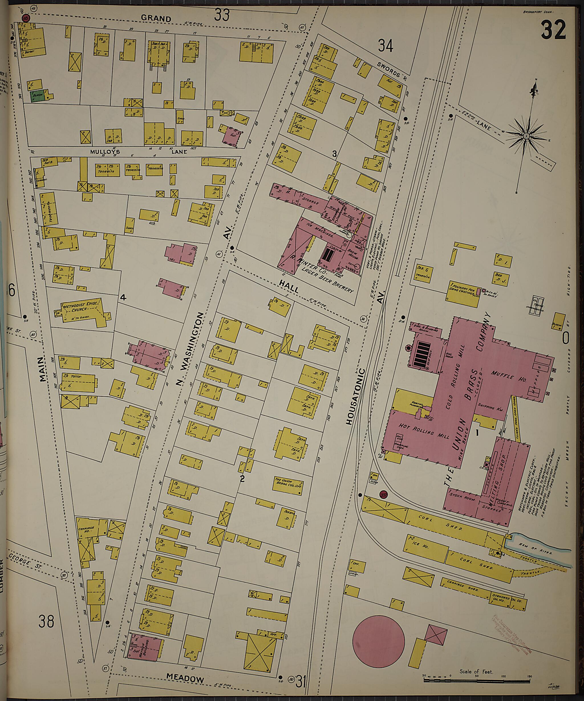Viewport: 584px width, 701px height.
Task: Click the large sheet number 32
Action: click(x=553, y=30)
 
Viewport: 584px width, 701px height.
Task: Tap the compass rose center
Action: click(x=526, y=136)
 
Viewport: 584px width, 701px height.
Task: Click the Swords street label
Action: click(x=389, y=69)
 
